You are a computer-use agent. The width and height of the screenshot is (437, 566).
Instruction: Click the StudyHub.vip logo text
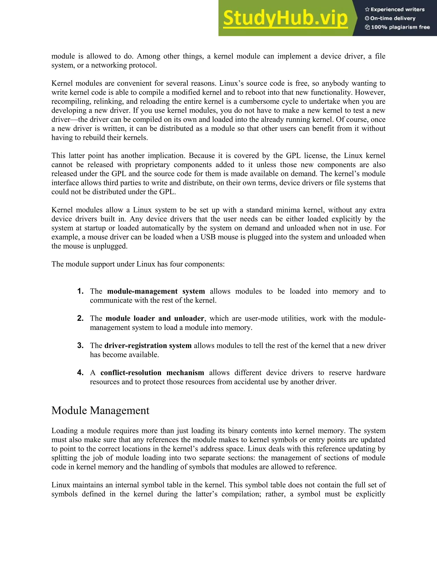(x=285, y=18)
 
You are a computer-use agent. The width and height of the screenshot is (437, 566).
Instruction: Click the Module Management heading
(x=100, y=411)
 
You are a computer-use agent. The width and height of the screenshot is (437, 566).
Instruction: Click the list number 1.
(x=80, y=291)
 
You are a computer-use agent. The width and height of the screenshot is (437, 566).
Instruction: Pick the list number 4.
(x=80, y=373)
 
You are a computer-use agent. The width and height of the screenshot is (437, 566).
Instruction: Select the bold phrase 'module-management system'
(x=156, y=291)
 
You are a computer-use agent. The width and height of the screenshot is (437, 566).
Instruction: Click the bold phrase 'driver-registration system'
(x=148, y=346)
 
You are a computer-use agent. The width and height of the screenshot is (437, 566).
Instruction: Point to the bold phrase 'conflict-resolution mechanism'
(x=152, y=373)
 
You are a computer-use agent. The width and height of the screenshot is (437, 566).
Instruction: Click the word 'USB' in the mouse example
(x=208, y=237)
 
